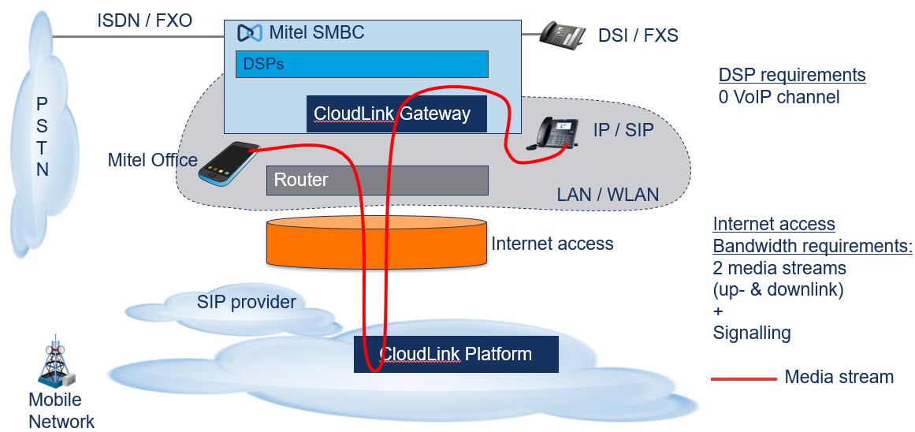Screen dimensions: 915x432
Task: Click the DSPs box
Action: pos(362,64)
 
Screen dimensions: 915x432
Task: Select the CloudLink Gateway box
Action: pos(396,114)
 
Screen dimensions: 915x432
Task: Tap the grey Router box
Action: pos(377,180)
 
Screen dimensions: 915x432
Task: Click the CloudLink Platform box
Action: pos(456,354)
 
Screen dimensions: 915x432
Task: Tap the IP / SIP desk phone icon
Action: pos(552,134)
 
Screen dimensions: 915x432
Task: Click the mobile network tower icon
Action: pos(58,363)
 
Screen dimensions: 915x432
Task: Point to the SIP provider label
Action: pos(246,303)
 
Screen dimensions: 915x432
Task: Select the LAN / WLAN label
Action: pos(608,195)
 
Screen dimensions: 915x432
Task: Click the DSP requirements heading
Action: pos(792,76)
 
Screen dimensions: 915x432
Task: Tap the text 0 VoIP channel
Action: pos(779,97)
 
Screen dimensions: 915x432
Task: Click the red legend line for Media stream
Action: pos(743,379)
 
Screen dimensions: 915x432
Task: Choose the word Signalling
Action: pos(752,333)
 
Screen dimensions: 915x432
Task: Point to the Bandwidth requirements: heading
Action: pos(813,247)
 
